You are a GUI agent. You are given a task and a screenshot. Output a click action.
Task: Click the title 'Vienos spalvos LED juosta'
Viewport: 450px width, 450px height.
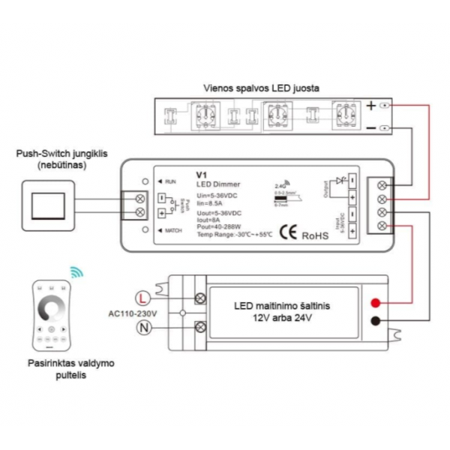click(x=261, y=88)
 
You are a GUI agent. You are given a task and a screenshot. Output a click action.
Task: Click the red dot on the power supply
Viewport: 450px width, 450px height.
click(x=376, y=303)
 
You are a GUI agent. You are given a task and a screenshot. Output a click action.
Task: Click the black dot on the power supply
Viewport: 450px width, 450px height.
click(x=376, y=322)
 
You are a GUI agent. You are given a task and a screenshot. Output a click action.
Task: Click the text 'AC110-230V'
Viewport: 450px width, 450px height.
click(x=133, y=311)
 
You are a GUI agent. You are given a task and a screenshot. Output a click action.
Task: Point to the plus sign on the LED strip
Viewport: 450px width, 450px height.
click(x=370, y=106)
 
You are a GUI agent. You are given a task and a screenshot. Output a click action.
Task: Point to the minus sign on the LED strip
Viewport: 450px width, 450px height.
click(x=370, y=128)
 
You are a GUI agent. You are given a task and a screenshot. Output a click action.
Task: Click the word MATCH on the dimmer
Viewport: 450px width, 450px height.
click(x=174, y=231)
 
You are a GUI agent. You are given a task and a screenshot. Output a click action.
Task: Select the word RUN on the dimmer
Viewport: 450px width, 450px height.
click(x=171, y=181)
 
